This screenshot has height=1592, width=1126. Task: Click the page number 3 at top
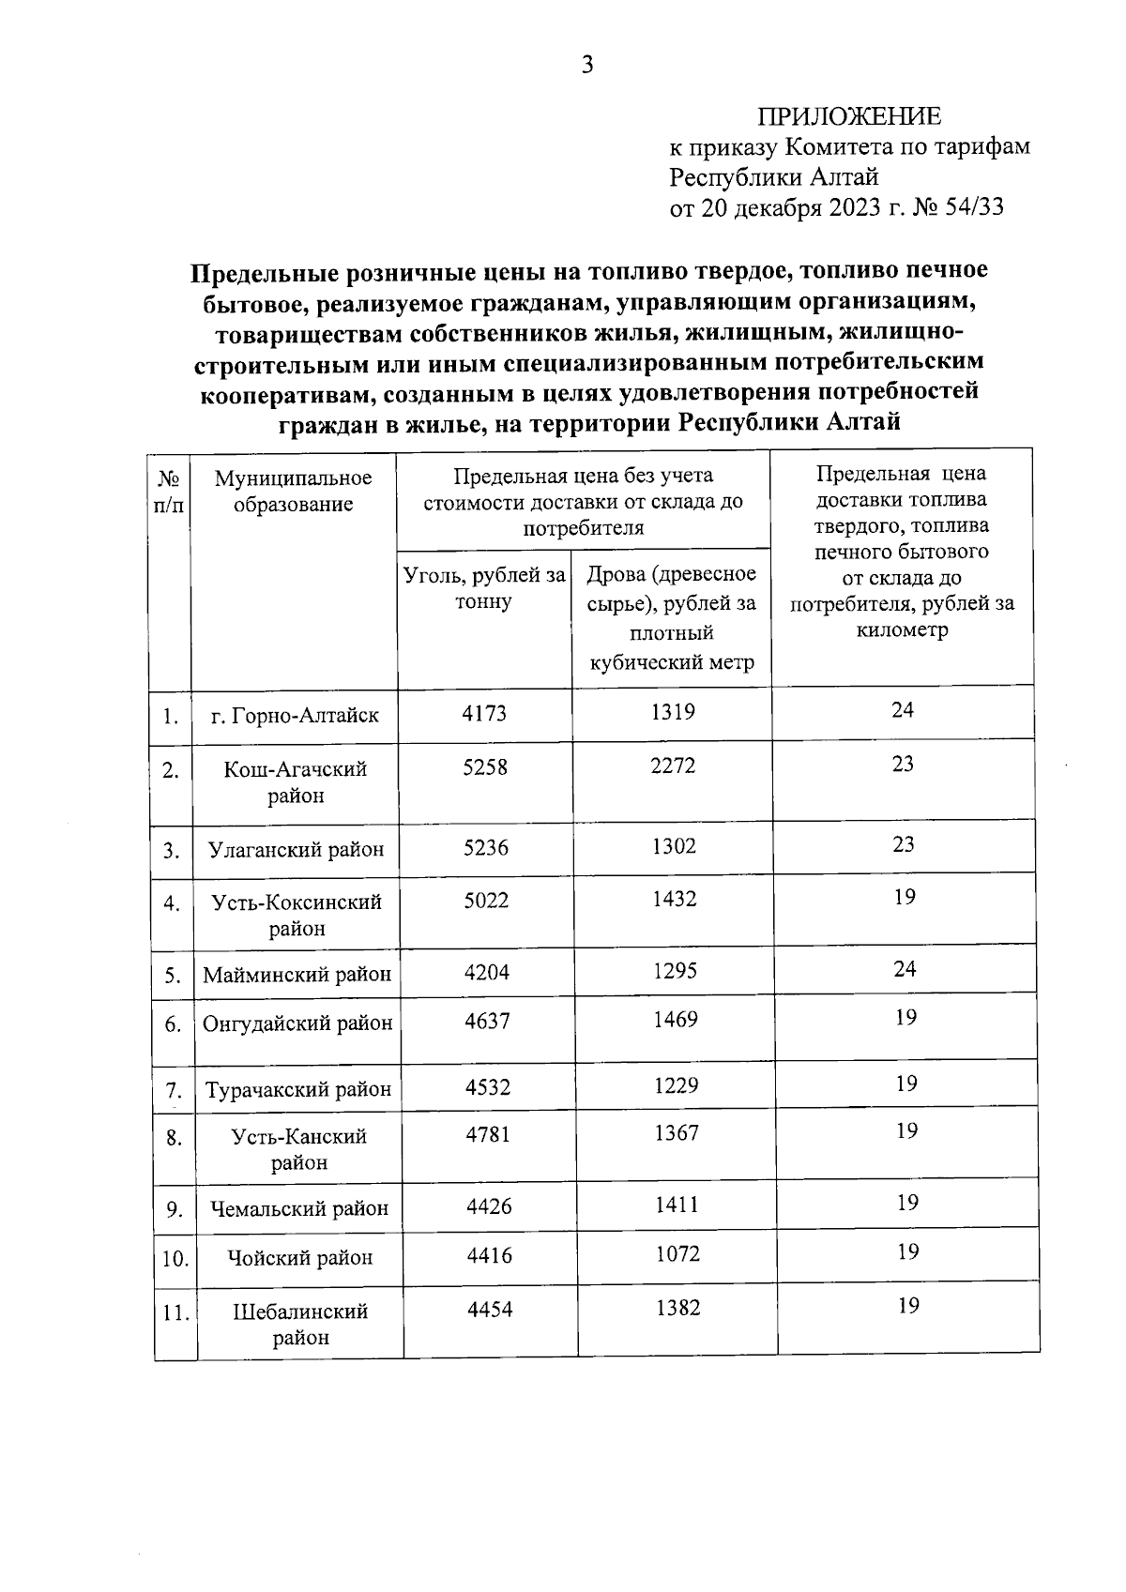click(x=587, y=65)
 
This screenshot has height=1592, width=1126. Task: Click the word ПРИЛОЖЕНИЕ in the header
click(x=848, y=116)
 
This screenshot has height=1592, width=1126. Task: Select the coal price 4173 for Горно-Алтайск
click(x=484, y=713)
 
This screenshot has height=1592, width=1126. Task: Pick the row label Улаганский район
click(x=296, y=850)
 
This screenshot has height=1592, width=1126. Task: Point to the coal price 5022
click(x=486, y=901)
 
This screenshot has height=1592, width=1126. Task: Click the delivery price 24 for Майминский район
click(x=905, y=969)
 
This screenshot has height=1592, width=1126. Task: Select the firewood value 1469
click(x=676, y=1020)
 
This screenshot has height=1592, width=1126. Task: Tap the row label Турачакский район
click(x=298, y=1090)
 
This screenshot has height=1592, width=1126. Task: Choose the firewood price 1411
click(x=677, y=1205)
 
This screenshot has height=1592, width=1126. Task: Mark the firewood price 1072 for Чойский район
click(x=677, y=1254)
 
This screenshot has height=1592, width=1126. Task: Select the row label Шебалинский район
click(x=300, y=1325)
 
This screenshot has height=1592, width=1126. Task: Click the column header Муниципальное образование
click(x=293, y=492)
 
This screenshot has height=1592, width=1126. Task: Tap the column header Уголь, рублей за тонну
click(x=484, y=588)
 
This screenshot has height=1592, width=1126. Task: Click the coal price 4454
click(x=491, y=1309)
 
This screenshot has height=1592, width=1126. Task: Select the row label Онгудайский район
click(x=297, y=1023)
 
